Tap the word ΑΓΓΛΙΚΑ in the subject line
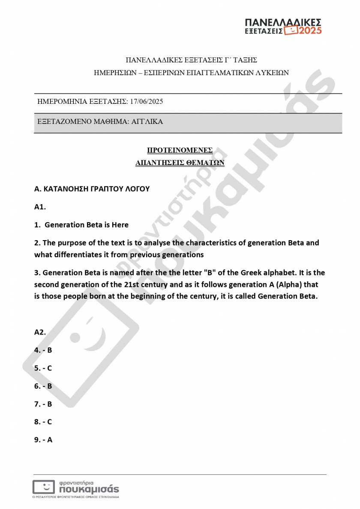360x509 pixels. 147,122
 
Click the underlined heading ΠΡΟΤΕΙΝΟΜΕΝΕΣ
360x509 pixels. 180,150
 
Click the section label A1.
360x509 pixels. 40,207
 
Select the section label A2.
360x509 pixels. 40,332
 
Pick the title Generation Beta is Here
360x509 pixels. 87,225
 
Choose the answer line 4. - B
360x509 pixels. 43,350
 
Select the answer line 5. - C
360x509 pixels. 43,368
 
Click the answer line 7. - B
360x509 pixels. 43,404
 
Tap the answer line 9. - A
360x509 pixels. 43,440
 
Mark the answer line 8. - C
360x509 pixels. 43,422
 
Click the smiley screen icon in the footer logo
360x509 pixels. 44,487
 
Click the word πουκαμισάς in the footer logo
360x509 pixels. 89,489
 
